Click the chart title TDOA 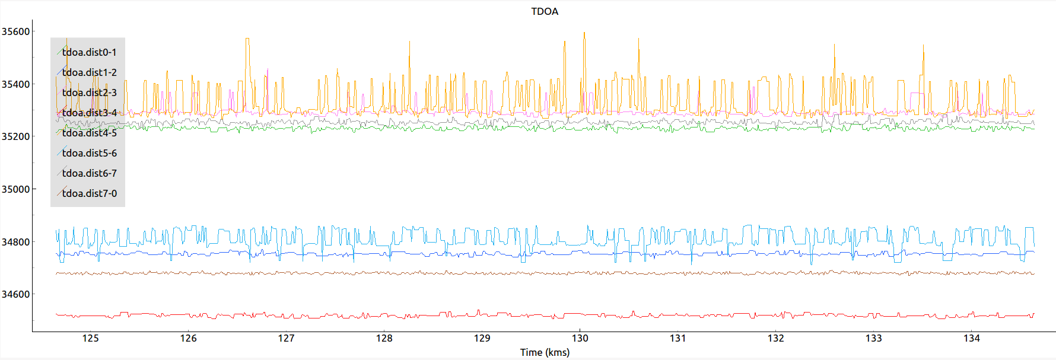(x=544, y=11)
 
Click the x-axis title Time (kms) (x=544, y=352)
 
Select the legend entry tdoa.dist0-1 (x=89, y=52)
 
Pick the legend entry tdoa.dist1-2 (x=89, y=72)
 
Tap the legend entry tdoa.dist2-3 (x=89, y=93)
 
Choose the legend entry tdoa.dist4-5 (x=89, y=133)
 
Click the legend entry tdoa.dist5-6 (x=89, y=153)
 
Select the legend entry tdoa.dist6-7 (x=89, y=173)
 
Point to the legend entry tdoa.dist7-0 (x=89, y=193)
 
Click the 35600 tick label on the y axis (x=15, y=31)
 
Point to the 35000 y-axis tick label (x=15, y=189)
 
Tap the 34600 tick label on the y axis (x=15, y=294)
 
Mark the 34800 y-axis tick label (x=15, y=242)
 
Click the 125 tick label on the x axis (x=90, y=338)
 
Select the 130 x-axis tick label (x=580, y=338)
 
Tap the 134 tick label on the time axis (x=971, y=338)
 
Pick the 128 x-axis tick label (x=384, y=338)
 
